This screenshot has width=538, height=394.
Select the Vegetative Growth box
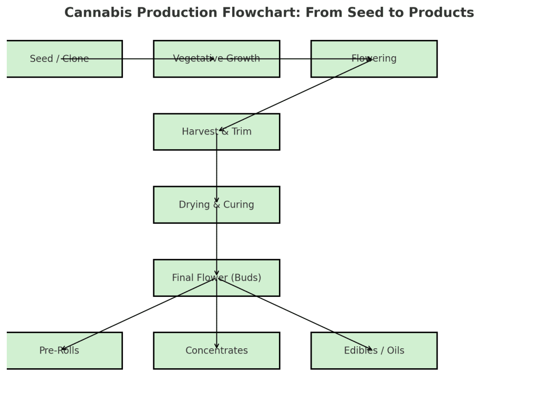point(216,68)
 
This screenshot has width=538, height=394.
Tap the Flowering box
point(374,68)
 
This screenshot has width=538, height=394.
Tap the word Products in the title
point(446,13)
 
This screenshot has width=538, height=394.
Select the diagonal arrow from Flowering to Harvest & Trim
point(295,95)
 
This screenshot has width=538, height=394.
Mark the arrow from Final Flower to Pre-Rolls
point(138,314)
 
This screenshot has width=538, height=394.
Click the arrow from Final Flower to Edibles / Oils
point(295,314)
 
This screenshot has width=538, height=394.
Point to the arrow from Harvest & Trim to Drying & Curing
point(216,168)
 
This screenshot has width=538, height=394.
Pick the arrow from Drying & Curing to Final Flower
point(216,242)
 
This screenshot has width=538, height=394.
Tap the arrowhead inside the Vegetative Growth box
point(212,59)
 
